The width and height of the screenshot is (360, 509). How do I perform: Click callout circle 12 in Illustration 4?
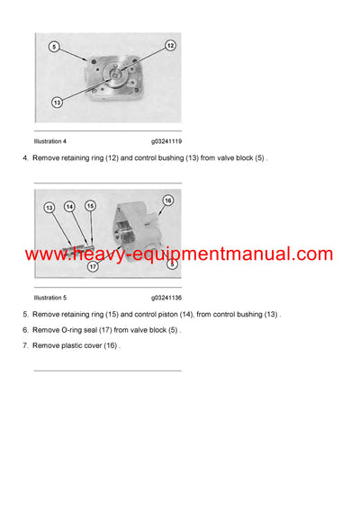170,45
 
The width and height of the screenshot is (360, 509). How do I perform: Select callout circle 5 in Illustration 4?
54,46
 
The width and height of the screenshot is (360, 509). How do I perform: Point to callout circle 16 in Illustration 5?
167,201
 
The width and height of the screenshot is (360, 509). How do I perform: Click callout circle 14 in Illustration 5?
70,207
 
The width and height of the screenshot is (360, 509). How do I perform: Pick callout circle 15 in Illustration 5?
90,207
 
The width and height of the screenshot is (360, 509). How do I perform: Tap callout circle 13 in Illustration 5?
49,208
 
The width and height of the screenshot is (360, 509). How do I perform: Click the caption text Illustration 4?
49,141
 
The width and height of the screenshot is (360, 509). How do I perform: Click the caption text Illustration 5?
49,297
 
